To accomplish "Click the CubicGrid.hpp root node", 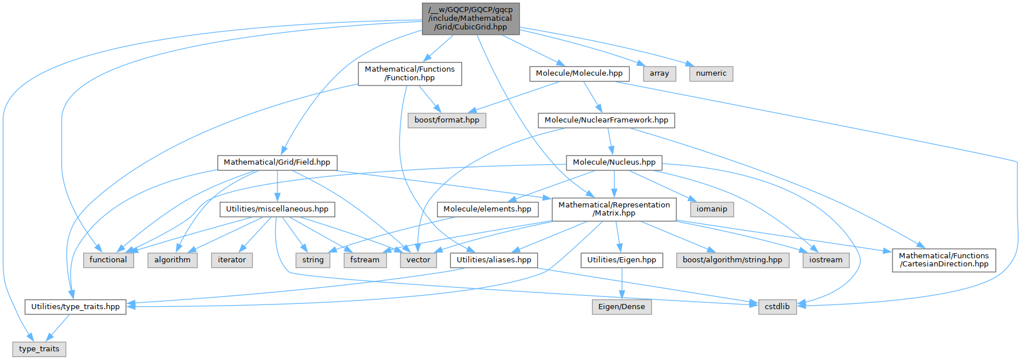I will [471, 18].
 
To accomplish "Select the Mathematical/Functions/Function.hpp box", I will [410, 73].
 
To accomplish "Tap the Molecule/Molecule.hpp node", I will [579, 73].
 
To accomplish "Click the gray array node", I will [659, 73].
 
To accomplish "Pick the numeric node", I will [711, 73].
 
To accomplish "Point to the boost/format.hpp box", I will [447, 120].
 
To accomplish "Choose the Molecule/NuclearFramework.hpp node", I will [606, 120].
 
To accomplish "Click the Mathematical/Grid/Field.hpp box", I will [277, 162].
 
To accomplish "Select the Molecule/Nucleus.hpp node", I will [614, 162].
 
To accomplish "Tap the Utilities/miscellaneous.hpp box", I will [277, 209].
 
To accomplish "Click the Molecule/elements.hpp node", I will [487, 209].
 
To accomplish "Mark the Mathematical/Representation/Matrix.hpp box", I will [614, 209].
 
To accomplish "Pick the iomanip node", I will [712, 209].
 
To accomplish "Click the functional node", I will [108, 260].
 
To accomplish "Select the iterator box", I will [232, 260].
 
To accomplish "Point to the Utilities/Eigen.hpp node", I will [621, 260].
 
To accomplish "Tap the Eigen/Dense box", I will [621, 307].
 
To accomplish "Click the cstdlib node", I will [777, 307].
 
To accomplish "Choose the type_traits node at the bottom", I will [39, 349].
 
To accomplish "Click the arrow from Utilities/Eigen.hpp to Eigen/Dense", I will [621, 283].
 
